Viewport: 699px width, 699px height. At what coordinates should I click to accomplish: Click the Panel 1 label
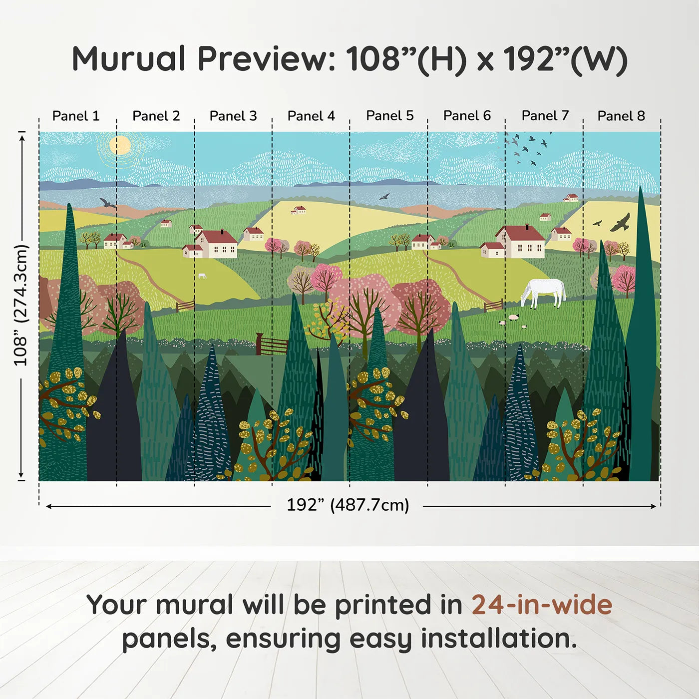click(76, 116)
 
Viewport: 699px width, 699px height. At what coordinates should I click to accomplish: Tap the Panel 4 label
click(311, 116)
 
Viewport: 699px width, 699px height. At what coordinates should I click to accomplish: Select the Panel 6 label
click(467, 116)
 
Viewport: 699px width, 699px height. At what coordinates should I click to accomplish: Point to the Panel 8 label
click(621, 116)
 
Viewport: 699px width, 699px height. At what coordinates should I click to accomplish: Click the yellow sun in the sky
click(120, 145)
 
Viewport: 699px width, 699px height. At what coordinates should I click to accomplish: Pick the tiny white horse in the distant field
click(202, 276)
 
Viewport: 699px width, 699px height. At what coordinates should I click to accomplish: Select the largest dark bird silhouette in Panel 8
click(621, 223)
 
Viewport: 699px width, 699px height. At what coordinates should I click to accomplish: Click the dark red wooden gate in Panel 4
click(272, 345)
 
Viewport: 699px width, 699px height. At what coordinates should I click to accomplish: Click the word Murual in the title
click(129, 59)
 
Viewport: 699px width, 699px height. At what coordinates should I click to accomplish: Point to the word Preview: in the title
click(267, 59)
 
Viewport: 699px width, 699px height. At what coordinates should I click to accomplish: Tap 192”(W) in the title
click(565, 59)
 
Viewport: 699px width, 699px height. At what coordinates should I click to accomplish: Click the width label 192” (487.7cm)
click(348, 505)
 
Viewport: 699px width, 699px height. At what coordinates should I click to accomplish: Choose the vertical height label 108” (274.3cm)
click(21, 305)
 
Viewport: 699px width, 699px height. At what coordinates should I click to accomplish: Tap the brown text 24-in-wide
click(542, 605)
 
